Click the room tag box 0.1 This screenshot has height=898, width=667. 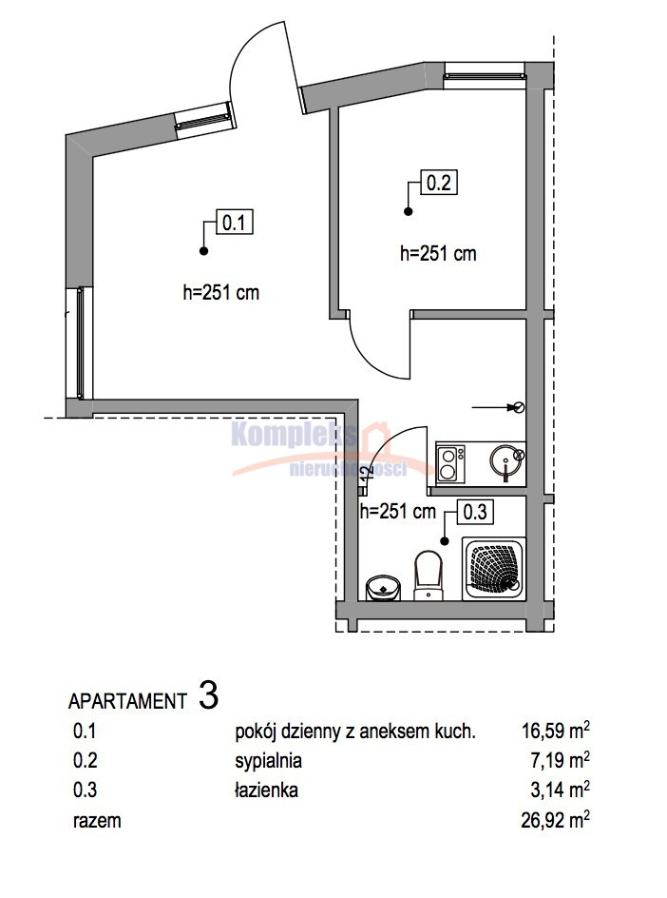coord(234,223)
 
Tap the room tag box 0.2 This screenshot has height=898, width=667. coord(439,183)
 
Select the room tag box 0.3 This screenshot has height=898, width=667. coord(475,512)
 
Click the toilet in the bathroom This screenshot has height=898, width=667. coord(429,576)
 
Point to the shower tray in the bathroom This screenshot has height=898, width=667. coord(492,569)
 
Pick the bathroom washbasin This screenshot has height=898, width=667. coord(383,588)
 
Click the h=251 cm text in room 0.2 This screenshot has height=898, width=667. coord(438,253)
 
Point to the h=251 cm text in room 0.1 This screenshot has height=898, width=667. coord(220,293)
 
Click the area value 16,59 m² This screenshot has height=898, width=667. coord(556,731)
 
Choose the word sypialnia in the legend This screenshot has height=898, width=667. coord(268,761)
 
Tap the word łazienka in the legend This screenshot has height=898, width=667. coord(266,791)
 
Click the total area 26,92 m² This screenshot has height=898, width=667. coord(556,820)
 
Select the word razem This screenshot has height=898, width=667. coord(97,821)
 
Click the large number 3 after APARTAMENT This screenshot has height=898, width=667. coord(209,695)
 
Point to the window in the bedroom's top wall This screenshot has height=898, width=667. coord(484,75)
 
